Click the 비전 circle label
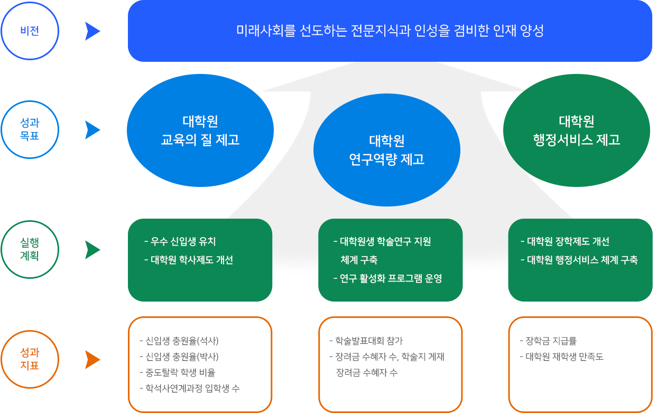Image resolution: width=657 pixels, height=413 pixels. coord(30,31)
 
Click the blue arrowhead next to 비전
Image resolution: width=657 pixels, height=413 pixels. coord(92,31)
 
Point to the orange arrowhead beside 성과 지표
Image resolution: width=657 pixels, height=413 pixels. coord(92,360)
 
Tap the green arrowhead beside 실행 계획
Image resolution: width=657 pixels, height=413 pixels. coord(92,250)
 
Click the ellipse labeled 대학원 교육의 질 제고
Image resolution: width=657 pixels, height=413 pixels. coord(200,130)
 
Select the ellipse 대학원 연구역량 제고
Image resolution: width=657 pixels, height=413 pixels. coord(387,150)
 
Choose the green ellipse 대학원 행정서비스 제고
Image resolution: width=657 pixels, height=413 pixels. coord(577,130)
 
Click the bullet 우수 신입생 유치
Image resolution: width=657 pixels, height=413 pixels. coord(180,241)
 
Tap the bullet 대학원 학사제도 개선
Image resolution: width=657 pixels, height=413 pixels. coord(189,260)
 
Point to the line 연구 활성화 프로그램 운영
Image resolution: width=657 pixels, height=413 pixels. coord(388,278)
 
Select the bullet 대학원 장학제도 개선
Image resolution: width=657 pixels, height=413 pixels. coord(565,241)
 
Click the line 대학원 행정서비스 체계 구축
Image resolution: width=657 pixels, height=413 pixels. coord(579,260)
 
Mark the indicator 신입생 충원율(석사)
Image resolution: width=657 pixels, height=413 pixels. coord(179,341)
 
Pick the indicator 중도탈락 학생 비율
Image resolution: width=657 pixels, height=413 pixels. coord(178,372)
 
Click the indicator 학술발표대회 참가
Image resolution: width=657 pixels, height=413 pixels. coord(366,341)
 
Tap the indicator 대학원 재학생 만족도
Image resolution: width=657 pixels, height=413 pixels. coord(562,356)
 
